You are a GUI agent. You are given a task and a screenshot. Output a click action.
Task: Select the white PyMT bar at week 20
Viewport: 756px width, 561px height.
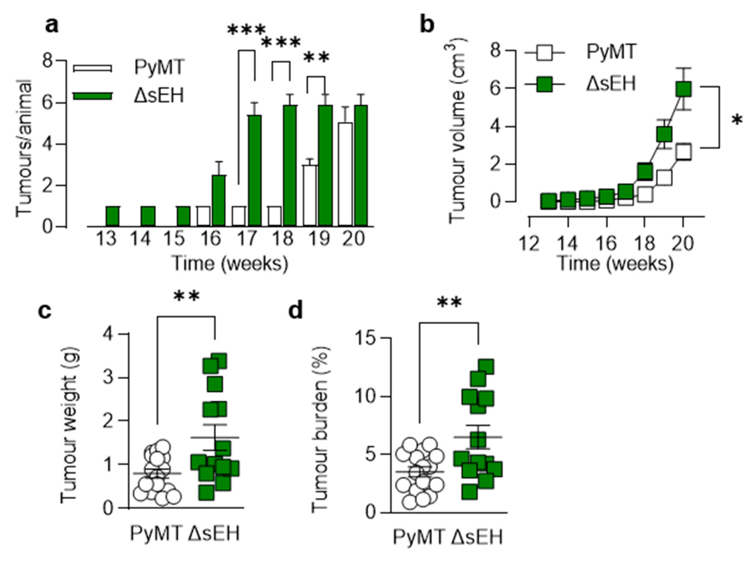tap(346, 174)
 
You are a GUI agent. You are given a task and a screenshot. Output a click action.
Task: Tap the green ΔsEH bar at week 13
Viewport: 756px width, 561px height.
tap(112, 216)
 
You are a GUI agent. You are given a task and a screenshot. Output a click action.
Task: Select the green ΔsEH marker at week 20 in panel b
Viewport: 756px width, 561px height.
tap(683, 90)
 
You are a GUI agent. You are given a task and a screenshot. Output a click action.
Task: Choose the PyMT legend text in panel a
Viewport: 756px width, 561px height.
tap(159, 67)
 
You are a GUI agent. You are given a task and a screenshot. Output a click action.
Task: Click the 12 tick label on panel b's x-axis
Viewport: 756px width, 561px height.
tap(530, 244)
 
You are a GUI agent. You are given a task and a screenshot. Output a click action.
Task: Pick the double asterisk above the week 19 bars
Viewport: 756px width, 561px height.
tap(316, 58)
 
